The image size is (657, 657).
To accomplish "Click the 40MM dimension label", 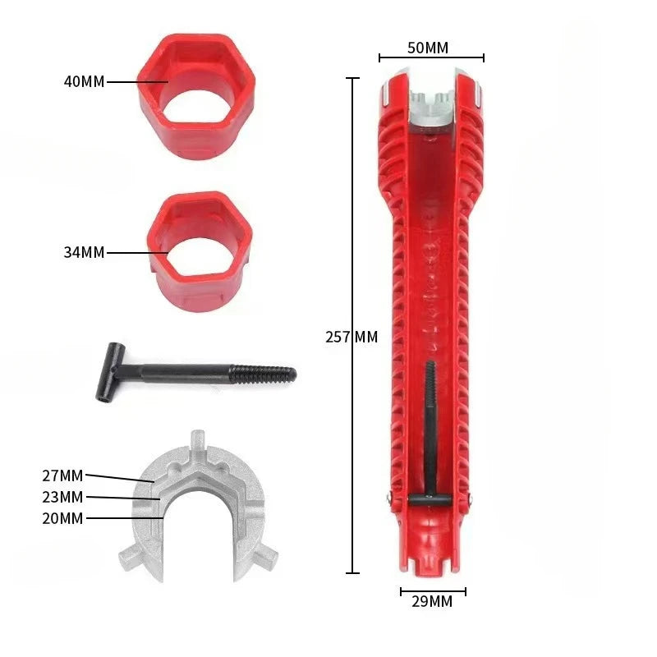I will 84,82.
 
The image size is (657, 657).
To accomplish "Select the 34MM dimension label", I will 84,253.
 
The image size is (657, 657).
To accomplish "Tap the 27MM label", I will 62,476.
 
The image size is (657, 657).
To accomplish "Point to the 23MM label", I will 62,497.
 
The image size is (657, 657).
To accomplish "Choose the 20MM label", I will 62,518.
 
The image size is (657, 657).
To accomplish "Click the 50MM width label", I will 428,48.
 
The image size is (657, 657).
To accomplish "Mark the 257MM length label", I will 351,337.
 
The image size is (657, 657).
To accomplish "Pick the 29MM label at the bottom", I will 431,602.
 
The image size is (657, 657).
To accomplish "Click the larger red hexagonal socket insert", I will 195,90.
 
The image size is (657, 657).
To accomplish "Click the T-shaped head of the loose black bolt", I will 109,371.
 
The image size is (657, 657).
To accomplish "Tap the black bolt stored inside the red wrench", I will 430,427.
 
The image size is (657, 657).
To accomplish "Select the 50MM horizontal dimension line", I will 431,58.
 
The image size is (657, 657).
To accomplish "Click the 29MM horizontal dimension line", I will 433,590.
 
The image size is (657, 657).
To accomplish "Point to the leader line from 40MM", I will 136,82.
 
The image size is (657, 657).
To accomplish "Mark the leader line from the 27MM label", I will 119,478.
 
